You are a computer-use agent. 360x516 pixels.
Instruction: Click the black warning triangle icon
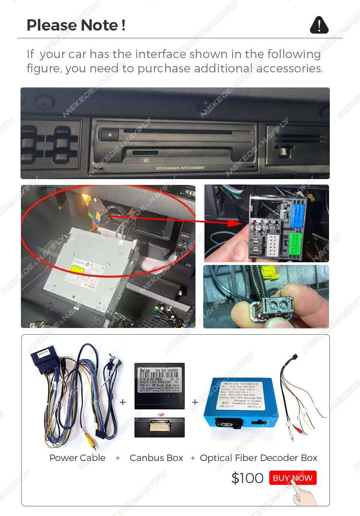[319, 25]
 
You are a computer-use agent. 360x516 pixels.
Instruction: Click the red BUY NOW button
[293, 478]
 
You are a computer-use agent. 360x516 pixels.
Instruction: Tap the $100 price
[247, 478]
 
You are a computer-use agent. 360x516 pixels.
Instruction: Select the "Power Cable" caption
[77, 458]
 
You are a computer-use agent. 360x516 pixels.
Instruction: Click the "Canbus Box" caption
[156, 458]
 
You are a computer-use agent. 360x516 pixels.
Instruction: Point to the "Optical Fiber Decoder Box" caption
[259, 458]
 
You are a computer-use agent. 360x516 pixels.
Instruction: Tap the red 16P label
[161, 415]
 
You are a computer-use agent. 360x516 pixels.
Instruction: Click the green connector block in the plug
[295, 243]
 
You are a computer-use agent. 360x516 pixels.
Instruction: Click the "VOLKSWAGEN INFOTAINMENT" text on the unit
[180, 168]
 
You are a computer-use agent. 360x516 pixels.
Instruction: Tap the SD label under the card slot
[146, 160]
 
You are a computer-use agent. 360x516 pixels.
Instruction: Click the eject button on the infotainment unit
[109, 135]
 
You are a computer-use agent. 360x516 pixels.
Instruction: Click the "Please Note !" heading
[76, 25]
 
